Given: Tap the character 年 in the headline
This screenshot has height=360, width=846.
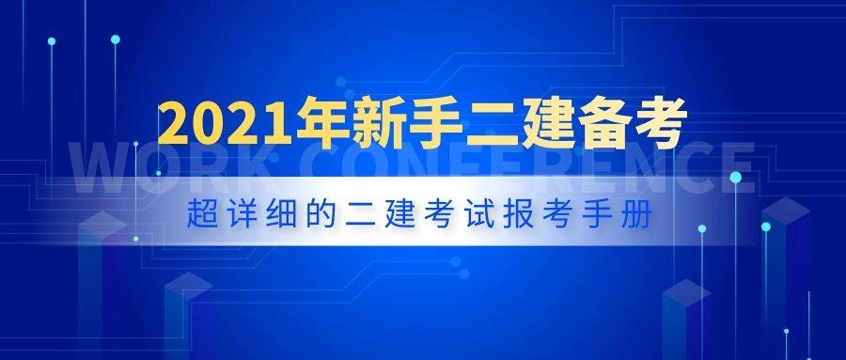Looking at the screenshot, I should (x=322, y=125).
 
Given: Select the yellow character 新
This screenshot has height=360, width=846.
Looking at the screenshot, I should (x=384, y=125).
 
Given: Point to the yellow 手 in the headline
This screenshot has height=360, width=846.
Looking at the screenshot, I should (x=445, y=125).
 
